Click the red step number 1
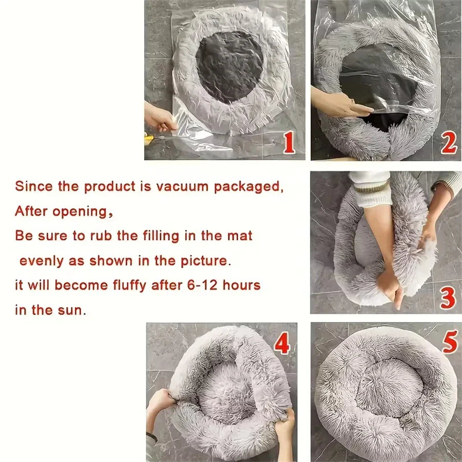pyautogui.click(x=289, y=143)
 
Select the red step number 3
pyautogui.click(x=448, y=298)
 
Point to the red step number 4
pyautogui.click(x=282, y=344)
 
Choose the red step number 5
pyautogui.click(x=449, y=342)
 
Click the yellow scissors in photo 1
pyautogui.click(x=149, y=138)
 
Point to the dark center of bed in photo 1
pyautogui.click(x=229, y=66)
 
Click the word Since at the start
pyautogui.click(x=33, y=186)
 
